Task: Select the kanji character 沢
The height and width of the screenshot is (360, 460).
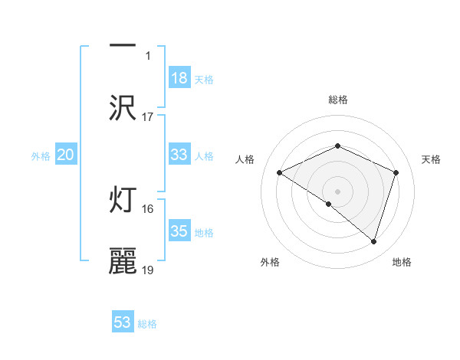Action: click(x=123, y=108)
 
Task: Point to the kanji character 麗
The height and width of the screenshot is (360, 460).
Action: click(x=123, y=261)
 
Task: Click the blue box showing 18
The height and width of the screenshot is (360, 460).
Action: click(x=179, y=78)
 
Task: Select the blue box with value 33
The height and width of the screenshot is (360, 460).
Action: click(x=179, y=155)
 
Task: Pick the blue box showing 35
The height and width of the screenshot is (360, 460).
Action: click(x=179, y=231)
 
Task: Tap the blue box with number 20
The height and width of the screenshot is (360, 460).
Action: click(x=66, y=155)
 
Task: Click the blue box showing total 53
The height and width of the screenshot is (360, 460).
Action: click(x=123, y=322)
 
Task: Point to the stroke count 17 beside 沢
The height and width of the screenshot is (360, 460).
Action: click(x=148, y=116)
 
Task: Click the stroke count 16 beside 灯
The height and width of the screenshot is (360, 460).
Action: click(x=148, y=208)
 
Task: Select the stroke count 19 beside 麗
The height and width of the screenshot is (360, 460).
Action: click(x=148, y=270)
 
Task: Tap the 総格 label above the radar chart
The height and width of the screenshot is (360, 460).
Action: click(x=337, y=100)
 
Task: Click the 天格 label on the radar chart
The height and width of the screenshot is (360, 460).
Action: click(x=432, y=159)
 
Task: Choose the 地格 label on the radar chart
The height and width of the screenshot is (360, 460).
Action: click(x=402, y=262)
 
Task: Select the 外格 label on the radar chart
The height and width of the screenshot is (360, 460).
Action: click(x=270, y=262)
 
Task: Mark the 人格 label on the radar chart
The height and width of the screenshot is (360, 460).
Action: click(x=245, y=159)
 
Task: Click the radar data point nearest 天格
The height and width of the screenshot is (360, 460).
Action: click(x=396, y=173)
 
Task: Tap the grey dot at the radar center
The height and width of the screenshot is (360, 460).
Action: click(x=337, y=191)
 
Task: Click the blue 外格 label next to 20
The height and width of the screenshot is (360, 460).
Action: click(x=41, y=155)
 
